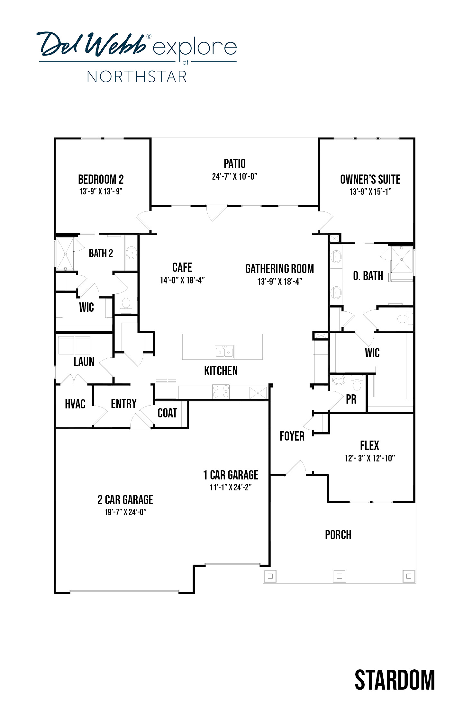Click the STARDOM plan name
(x=395, y=680)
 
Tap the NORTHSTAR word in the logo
(x=137, y=77)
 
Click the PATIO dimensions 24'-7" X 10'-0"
(x=234, y=176)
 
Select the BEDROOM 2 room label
(x=101, y=179)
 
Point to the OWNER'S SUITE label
(x=370, y=179)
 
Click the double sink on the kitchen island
(x=224, y=352)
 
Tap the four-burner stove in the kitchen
(x=221, y=391)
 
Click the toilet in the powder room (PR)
(x=357, y=383)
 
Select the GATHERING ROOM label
(x=279, y=269)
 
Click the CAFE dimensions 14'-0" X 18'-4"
(x=182, y=280)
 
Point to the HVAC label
(x=75, y=404)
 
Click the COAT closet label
(x=167, y=413)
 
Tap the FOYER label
(x=292, y=436)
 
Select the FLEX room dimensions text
(x=370, y=458)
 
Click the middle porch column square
(x=339, y=576)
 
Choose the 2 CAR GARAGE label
(x=125, y=500)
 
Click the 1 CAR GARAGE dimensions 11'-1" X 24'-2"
(x=231, y=487)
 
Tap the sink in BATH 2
(x=131, y=253)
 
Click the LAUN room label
(x=84, y=362)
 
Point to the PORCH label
(x=338, y=535)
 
